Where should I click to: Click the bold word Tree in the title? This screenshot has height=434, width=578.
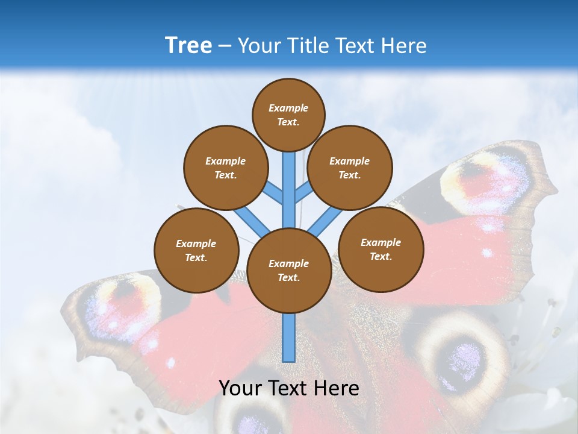click(188, 46)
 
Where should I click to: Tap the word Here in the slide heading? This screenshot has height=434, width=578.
click(404, 46)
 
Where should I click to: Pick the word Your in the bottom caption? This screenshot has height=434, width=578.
click(241, 388)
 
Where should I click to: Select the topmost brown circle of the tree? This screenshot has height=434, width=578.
click(288, 115)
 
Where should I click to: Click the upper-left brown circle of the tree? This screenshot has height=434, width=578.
click(225, 168)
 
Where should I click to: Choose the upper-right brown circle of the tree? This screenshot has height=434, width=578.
click(350, 168)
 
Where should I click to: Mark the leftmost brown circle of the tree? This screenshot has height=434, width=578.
click(196, 250)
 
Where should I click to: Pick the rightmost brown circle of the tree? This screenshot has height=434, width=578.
click(381, 249)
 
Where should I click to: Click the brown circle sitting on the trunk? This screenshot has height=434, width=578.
click(289, 271)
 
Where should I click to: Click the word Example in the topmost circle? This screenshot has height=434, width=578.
click(288, 108)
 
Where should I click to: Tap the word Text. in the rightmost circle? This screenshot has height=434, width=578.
click(381, 256)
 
